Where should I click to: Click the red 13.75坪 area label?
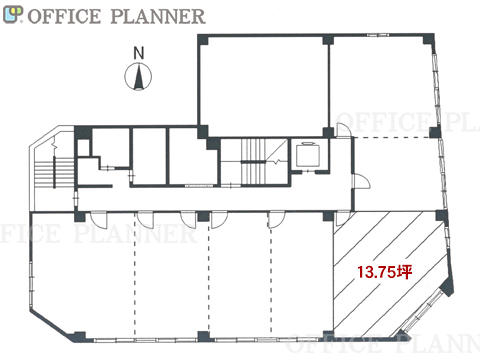click(385, 272)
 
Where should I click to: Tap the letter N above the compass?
click(139, 53)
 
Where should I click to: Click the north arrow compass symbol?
click(138, 77)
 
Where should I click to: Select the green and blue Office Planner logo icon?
click(13, 15)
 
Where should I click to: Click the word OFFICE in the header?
click(64, 16)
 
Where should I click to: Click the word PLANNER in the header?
click(158, 16)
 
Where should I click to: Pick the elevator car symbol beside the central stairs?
click(308, 155)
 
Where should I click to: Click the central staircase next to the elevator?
click(254, 162)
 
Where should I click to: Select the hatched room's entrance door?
click(342, 219)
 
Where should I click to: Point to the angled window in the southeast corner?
click(422, 311)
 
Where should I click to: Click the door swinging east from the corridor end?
click(362, 181)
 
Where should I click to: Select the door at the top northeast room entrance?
click(343, 130)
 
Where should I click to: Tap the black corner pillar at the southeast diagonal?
click(447, 287)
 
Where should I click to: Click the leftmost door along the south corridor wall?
click(99, 219)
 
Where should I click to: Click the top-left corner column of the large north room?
click(203, 40)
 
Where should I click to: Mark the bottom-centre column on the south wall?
click(203, 336)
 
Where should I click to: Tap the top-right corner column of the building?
click(429, 39)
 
